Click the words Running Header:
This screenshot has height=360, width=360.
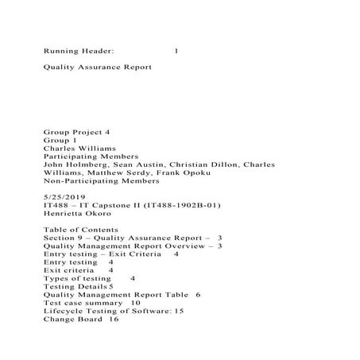(x=79, y=51)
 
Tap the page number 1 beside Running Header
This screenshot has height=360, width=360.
(x=176, y=51)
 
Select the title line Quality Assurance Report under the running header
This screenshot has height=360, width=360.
(x=97, y=68)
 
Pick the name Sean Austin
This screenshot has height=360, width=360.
(x=138, y=165)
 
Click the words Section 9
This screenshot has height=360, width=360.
(x=65, y=238)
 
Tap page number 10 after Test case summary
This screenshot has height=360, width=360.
(x=135, y=303)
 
